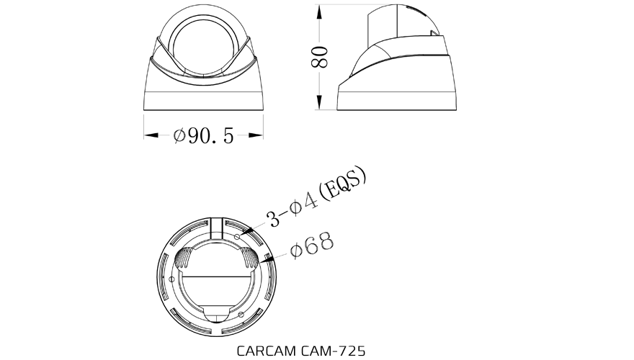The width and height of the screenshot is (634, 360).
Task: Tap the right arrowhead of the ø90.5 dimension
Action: [259, 135]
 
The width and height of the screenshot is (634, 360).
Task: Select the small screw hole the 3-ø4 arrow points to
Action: [238, 235]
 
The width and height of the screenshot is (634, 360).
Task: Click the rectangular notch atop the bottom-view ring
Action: [218, 229]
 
